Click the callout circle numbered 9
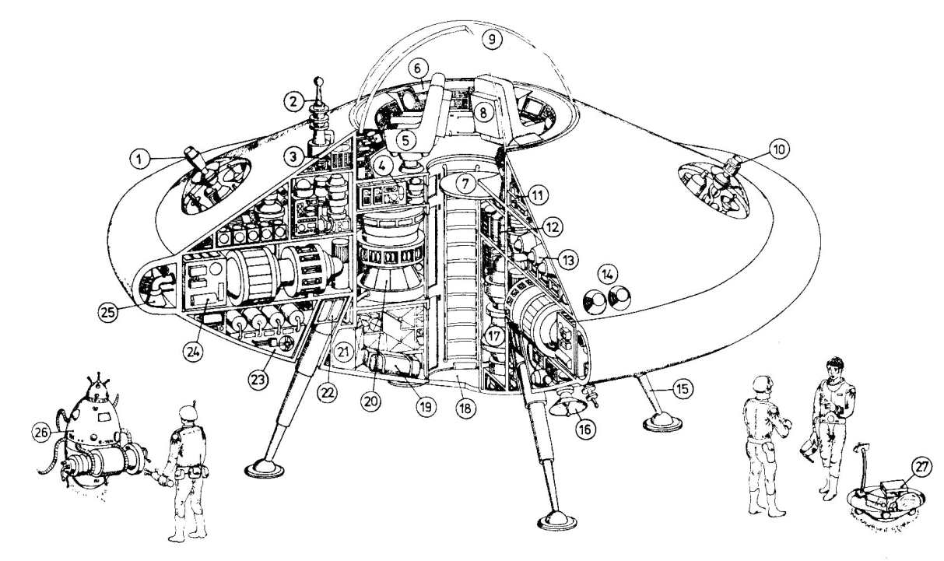(492, 38)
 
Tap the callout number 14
(607, 274)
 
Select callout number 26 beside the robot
(40, 430)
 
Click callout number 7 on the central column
(465, 185)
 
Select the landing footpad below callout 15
(663, 423)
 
